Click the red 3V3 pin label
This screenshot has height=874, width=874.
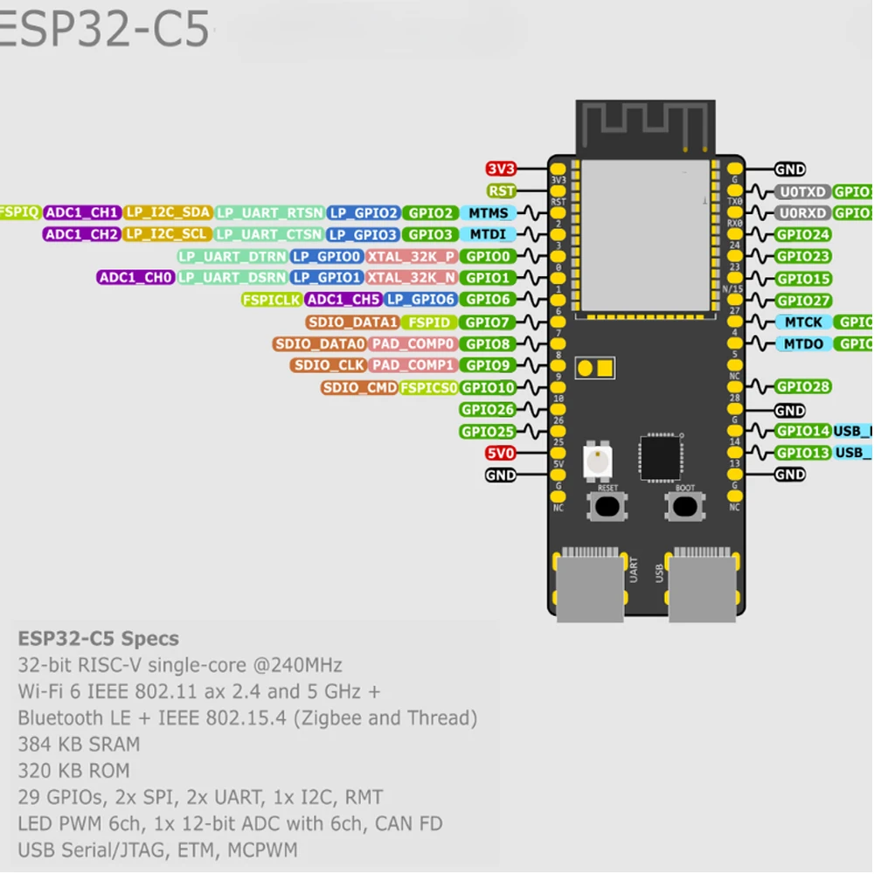(501, 170)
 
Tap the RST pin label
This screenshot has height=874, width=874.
(501, 191)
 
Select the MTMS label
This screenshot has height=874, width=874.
(488, 213)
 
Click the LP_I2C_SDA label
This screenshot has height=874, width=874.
(168, 213)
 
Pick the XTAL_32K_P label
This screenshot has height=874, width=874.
(411, 257)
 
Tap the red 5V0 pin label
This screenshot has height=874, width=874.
(501, 454)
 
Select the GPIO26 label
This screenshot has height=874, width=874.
(488, 410)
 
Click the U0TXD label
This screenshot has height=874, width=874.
(801, 191)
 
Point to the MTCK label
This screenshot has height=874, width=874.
(802, 323)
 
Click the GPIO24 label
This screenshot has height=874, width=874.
(802, 235)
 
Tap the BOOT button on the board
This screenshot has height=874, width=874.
(685, 506)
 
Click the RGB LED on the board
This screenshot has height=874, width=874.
(598, 461)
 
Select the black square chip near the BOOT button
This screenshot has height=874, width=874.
(661, 458)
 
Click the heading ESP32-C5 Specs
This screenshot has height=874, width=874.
(98, 639)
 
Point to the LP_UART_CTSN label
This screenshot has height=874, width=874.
(269, 235)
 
